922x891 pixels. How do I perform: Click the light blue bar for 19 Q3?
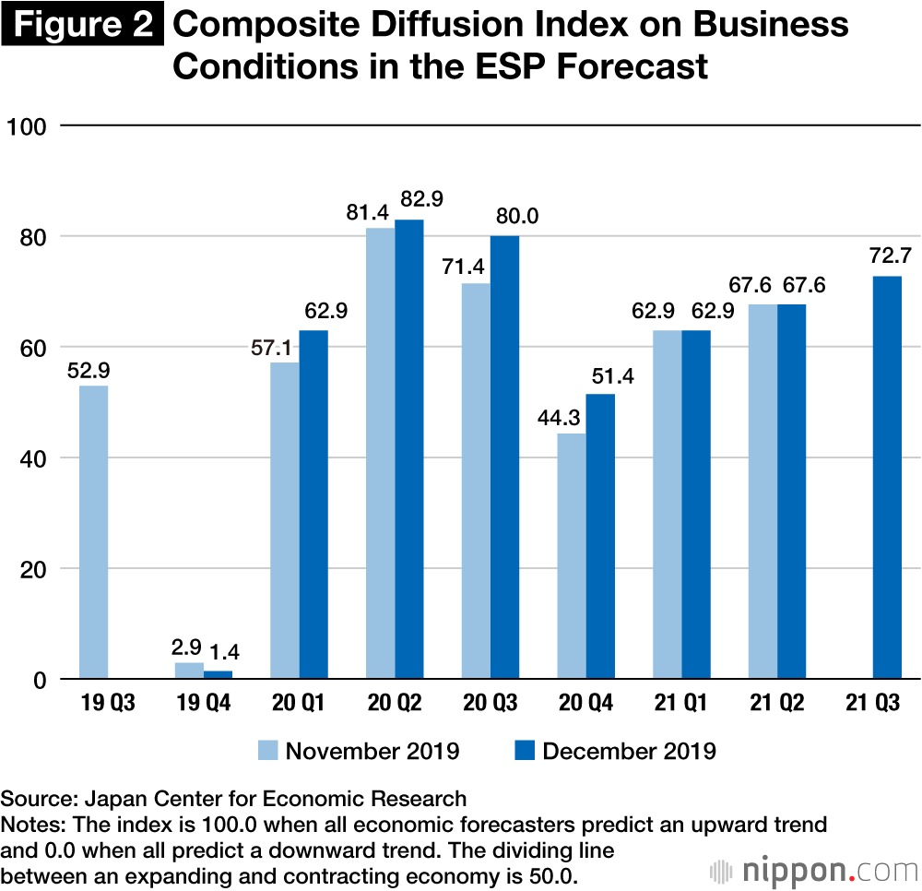point(93,532)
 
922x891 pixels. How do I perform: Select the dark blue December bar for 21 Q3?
point(887,478)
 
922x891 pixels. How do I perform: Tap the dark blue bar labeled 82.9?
point(409,449)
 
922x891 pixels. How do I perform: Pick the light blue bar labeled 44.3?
point(572,556)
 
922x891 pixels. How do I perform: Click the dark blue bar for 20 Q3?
point(505,457)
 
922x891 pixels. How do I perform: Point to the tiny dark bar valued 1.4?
point(219,675)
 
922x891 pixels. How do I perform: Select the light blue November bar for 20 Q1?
point(285,521)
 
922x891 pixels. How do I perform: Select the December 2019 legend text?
point(629,750)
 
